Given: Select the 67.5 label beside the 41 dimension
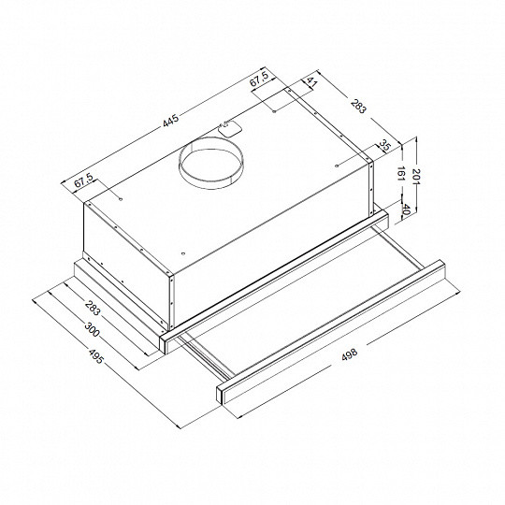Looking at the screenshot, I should pos(261,80).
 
